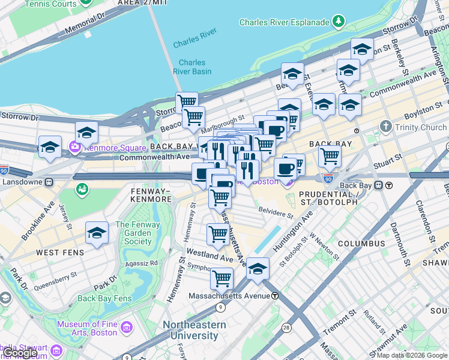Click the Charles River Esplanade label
point(284,23)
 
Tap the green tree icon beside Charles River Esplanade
point(339,22)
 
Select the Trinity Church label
point(420,127)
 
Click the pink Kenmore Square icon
point(75,146)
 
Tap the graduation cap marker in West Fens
point(97,234)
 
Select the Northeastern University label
point(194,330)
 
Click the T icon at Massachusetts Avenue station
point(275,296)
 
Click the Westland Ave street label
point(209,255)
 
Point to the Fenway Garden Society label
point(133,233)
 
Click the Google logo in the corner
point(20,353)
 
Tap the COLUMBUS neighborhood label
point(361,244)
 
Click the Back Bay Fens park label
point(104,298)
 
